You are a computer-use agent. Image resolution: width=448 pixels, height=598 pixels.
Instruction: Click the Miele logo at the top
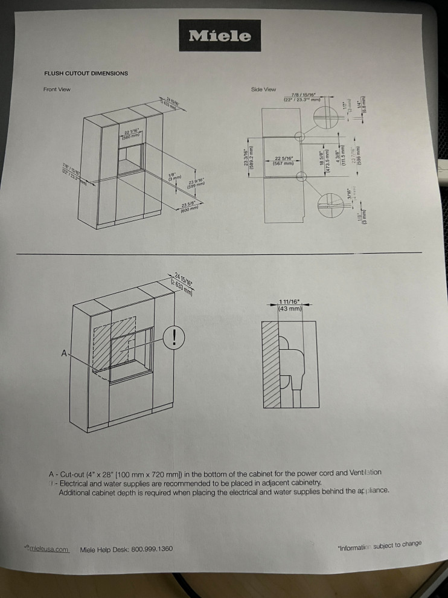point(220,36)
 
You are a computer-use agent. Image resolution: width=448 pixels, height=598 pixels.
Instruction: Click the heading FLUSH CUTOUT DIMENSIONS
point(86,73)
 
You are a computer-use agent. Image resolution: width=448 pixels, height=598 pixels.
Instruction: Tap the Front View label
point(57,89)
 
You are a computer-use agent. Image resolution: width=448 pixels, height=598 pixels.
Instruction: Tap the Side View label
point(263,89)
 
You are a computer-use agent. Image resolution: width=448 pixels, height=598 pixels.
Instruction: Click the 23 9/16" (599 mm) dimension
point(196,182)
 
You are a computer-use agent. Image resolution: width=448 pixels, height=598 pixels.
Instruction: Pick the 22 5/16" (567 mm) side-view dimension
point(283,160)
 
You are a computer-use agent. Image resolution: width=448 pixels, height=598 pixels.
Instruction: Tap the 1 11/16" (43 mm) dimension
point(290,305)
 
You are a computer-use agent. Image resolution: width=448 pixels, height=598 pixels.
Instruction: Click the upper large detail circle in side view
point(325,115)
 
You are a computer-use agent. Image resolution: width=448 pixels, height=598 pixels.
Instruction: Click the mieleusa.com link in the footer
point(48,549)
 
